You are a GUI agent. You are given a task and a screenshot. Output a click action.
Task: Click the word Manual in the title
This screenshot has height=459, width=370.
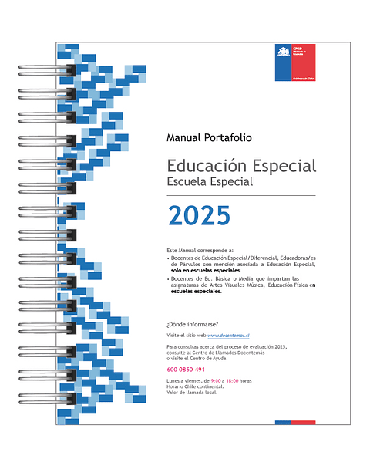click(x=184, y=138)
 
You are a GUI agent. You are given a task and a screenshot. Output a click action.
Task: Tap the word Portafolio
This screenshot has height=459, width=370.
click(x=227, y=138)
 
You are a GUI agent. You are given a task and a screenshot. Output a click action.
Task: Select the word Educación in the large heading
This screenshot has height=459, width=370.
click(x=207, y=166)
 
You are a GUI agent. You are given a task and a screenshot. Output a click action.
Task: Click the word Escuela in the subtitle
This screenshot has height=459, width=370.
click(x=187, y=182)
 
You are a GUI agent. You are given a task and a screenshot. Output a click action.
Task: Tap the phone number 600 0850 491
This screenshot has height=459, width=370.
click(x=186, y=370)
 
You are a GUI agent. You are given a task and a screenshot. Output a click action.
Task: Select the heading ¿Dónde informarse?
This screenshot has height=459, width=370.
click(x=192, y=324)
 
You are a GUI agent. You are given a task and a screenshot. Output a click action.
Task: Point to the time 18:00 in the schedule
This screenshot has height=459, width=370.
click(x=231, y=381)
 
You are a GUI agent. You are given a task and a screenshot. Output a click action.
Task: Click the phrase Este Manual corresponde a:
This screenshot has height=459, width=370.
click(x=200, y=251)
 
